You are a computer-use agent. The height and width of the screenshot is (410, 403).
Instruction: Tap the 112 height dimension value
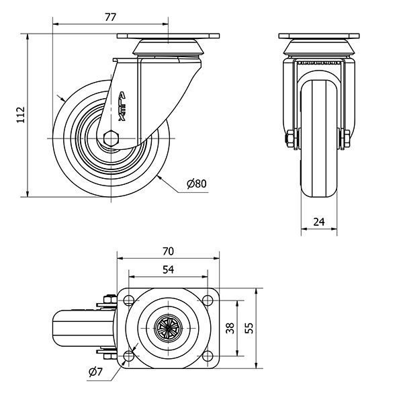(x=21, y=115)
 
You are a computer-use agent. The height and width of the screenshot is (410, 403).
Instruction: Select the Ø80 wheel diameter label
(x=197, y=183)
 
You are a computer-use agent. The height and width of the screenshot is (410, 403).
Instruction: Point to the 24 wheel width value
(x=318, y=221)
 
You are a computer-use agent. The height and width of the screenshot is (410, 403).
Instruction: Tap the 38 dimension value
(x=229, y=328)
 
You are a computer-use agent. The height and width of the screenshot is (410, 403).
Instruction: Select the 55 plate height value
(x=249, y=328)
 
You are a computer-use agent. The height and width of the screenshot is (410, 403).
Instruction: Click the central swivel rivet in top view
(x=168, y=328)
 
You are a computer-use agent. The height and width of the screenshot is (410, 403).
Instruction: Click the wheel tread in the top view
(x=75, y=328)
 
